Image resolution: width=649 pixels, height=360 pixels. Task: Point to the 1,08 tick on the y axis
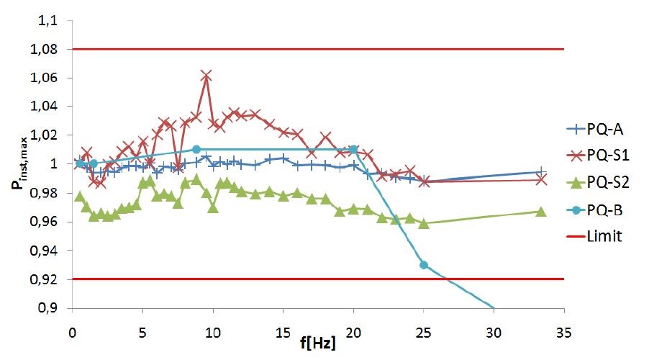(x=48, y=50)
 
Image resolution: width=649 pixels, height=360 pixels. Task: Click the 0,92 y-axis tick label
(x=48, y=279)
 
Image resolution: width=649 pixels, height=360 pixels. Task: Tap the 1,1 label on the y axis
(x=52, y=22)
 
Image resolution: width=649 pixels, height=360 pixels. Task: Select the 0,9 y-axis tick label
(x=52, y=308)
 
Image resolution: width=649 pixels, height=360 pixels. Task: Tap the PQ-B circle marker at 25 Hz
(x=424, y=265)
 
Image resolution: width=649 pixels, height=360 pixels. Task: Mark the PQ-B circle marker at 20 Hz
(x=353, y=150)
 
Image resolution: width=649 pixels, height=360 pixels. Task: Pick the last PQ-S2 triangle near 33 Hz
(x=541, y=211)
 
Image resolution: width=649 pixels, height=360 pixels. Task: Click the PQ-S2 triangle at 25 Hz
(x=424, y=223)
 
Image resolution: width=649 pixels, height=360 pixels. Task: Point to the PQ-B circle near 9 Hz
(x=196, y=150)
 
